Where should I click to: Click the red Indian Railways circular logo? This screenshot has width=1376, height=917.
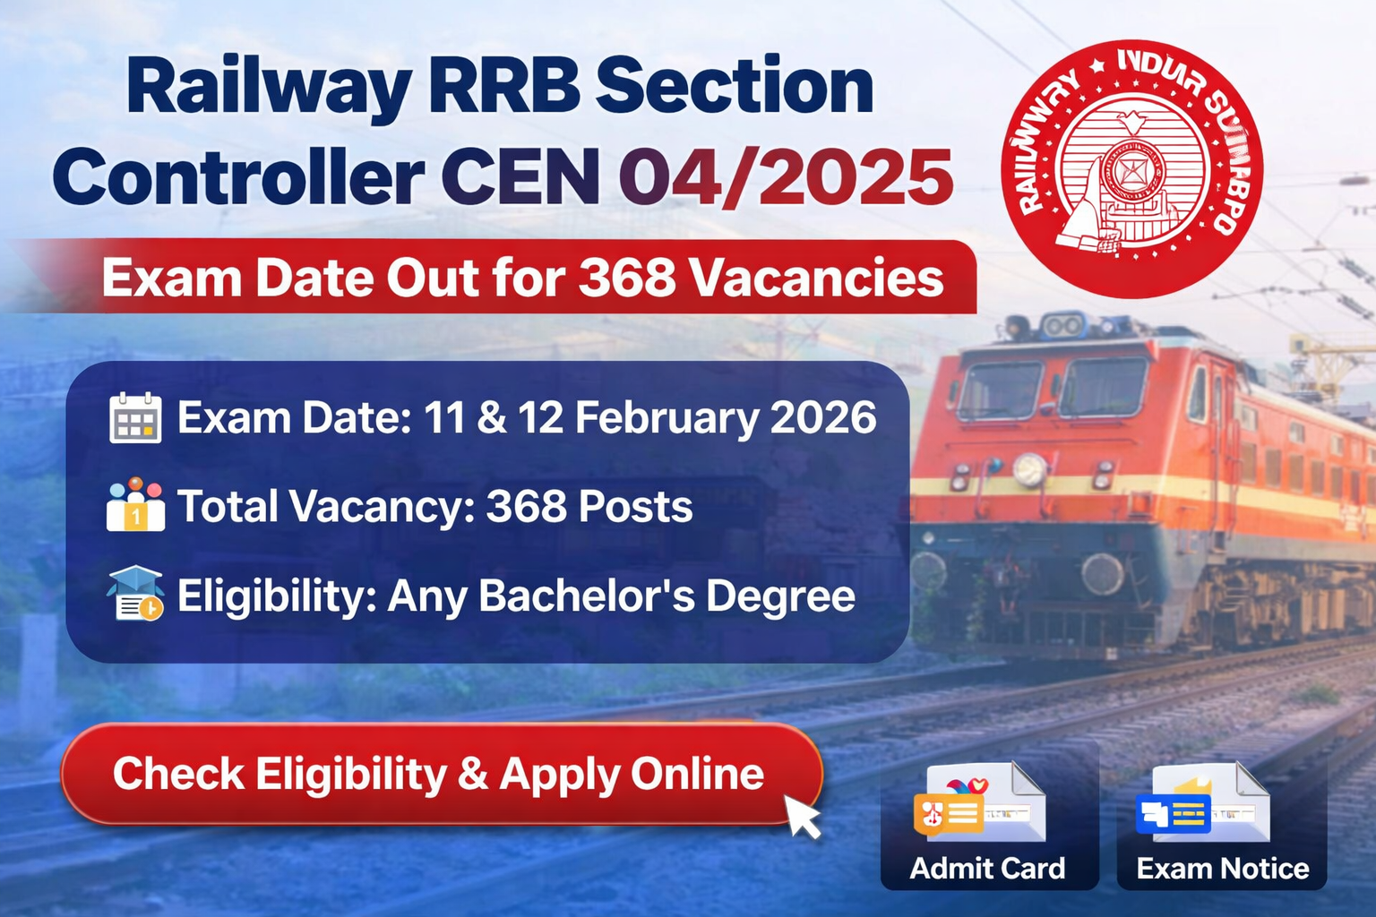tap(1131, 168)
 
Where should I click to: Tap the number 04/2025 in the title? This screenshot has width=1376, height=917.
tap(786, 176)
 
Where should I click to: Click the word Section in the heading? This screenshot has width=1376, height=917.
tap(734, 86)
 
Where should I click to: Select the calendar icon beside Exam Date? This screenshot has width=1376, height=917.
tap(135, 418)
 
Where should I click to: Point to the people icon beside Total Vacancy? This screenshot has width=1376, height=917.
tap(135, 505)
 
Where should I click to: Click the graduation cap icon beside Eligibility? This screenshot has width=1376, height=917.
tap(135, 594)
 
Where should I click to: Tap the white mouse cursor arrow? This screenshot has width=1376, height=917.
tap(803, 816)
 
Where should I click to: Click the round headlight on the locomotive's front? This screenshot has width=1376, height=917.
tap(1030, 469)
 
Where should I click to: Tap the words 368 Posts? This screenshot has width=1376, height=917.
tap(589, 507)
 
